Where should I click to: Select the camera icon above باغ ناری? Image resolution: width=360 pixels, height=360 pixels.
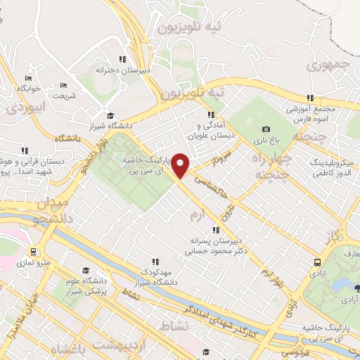pyautogui.click(x=266, y=129)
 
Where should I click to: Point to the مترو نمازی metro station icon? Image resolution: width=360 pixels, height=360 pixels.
pyautogui.click(x=32, y=251)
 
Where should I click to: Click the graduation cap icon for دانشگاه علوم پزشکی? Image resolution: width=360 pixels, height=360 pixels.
pyautogui.click(x=86, y=271)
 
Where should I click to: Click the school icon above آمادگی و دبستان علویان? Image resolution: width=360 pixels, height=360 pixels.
pyautogui.click(x=210, y=115)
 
